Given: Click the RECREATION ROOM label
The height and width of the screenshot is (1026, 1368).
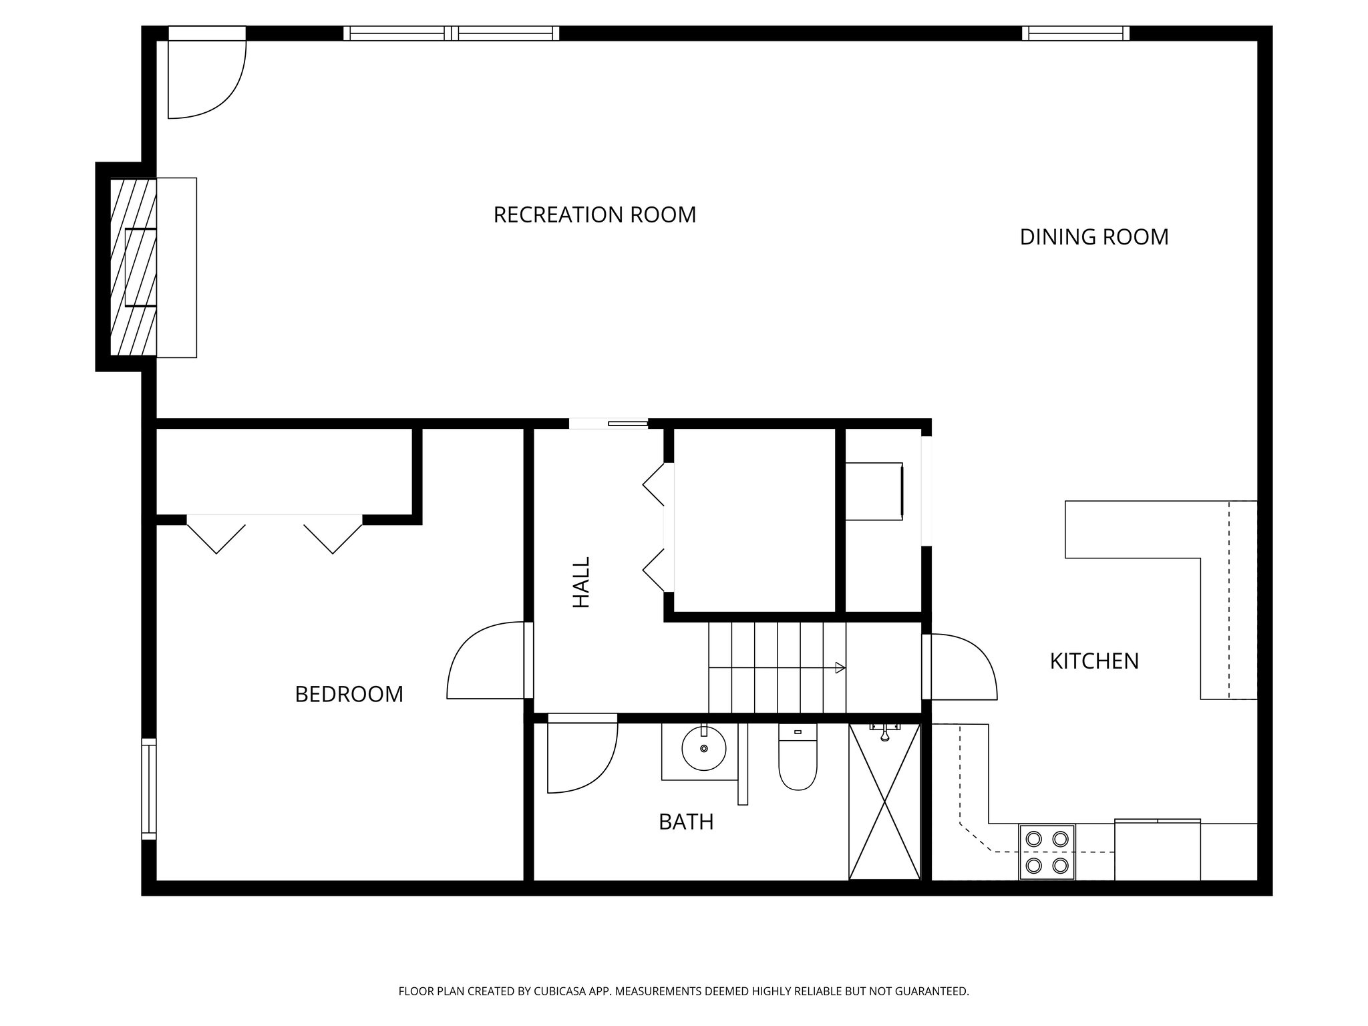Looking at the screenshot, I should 594,215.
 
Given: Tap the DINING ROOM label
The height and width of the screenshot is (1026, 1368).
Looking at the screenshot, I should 1093,237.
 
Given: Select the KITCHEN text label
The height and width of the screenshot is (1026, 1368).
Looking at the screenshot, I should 1094,661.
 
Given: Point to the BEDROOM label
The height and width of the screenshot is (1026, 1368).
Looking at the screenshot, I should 349,695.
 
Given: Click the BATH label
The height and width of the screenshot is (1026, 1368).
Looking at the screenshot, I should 686,822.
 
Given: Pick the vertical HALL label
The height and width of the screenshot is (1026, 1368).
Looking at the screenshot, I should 582,582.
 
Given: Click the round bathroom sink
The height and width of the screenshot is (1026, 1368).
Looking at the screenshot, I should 704,749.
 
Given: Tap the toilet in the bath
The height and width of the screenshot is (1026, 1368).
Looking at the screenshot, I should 798,761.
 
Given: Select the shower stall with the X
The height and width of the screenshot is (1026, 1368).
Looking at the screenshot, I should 884,802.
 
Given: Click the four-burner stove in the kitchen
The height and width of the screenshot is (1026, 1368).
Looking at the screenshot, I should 1047,852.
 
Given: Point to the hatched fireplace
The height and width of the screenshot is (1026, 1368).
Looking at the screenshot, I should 133,267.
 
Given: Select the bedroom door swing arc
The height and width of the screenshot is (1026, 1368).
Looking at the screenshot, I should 484,661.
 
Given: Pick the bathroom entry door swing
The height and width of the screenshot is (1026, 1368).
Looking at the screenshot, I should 581,755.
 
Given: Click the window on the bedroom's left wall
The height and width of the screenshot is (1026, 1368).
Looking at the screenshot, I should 149,788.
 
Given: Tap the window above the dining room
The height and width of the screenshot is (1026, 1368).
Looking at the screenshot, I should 1075,33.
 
